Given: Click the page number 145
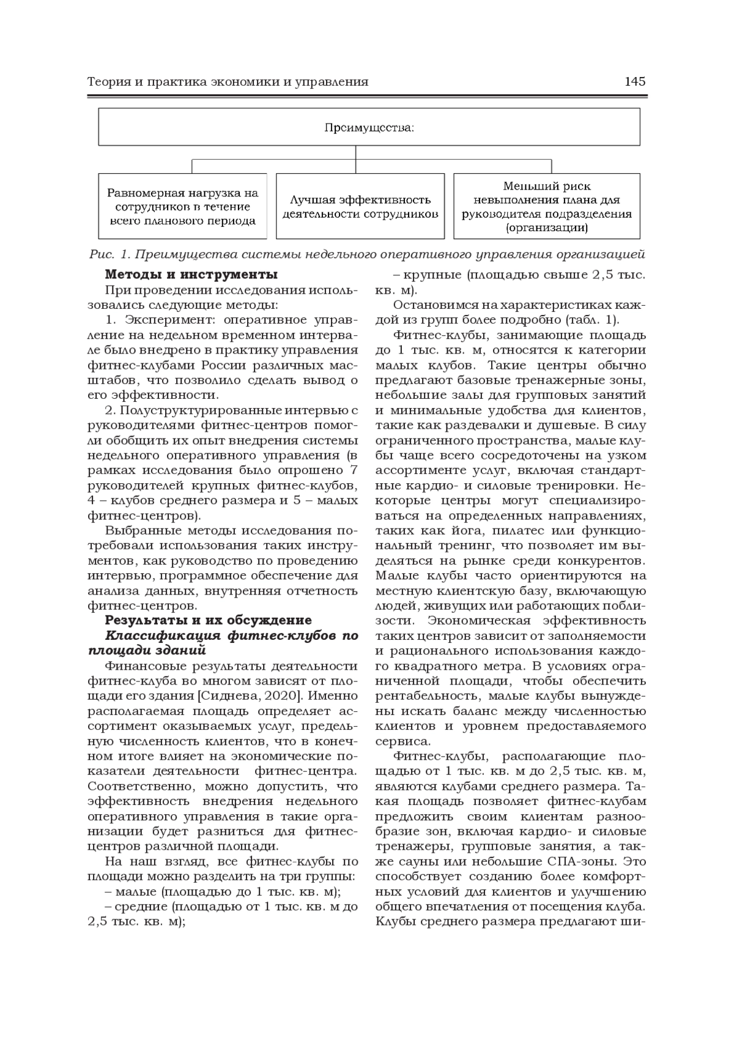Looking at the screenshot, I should point(635,82).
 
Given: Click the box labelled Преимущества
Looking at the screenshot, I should point(369,127).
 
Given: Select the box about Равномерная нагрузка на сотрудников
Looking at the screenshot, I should point(182,206).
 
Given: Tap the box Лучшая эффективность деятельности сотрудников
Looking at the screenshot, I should point(360,206).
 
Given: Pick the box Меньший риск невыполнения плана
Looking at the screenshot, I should point(546,206).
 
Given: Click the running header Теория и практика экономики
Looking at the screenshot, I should point(228,82).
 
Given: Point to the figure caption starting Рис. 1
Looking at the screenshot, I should point(367,254).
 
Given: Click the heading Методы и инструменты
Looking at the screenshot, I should point(191,274).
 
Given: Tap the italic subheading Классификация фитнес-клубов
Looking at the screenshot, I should point(223,636).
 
